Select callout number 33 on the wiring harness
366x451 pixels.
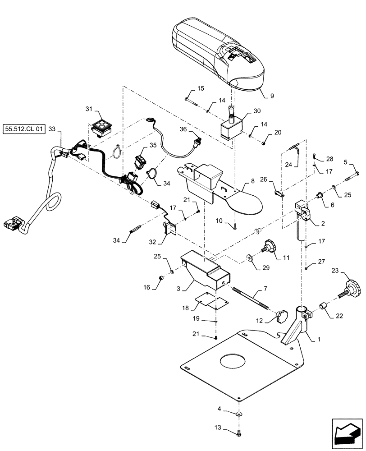click(51, 129)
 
